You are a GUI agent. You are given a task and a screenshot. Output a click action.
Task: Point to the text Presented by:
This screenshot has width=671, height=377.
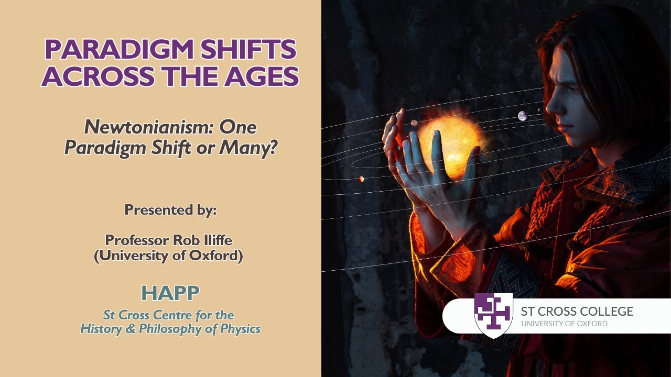(x=170, y=210)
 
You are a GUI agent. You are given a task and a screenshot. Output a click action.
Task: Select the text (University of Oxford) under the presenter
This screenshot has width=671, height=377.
(x=168, y=257)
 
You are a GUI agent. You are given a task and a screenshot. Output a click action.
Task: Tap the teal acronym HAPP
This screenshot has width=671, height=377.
(x=170, y=293)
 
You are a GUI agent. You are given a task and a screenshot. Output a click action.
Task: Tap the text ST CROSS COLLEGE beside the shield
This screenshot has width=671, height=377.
(x=577, y=312)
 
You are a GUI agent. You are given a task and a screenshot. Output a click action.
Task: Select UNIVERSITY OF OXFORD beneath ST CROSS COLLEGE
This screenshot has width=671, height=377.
(x=564, y=324)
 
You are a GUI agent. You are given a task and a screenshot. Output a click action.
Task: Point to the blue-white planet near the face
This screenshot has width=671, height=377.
(x=522, y=116)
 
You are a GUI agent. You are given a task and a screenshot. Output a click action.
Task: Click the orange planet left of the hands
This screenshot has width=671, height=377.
(x=361, y=179)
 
